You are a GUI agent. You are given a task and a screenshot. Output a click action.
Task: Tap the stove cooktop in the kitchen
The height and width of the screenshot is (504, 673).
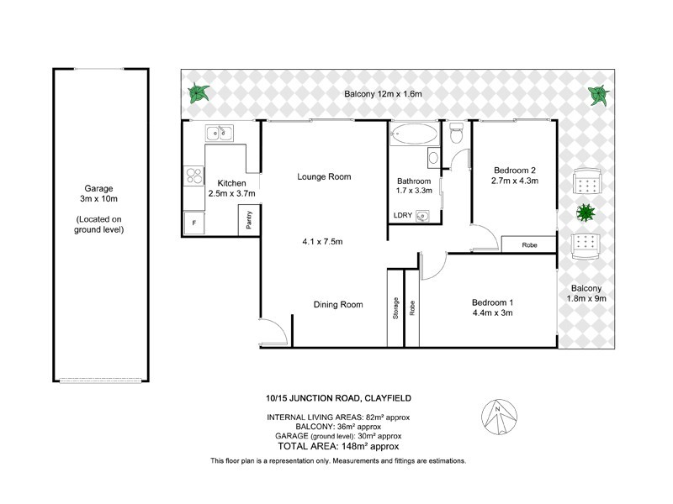tap(193, 176)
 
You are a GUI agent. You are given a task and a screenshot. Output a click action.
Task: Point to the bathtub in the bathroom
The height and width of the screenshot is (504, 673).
tap(414, 133)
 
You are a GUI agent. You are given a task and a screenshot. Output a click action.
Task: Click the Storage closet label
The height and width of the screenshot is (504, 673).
tap(395, 307)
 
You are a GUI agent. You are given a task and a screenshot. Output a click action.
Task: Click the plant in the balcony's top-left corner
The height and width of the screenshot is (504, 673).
tap(199, 92)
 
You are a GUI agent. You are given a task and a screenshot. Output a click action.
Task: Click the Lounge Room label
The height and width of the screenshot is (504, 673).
tap(323, 176)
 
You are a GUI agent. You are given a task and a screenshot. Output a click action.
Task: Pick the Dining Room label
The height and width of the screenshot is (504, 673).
tap(338, 304)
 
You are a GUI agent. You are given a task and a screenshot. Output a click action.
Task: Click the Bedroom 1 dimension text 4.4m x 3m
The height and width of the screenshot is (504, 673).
tap(491, 313)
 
